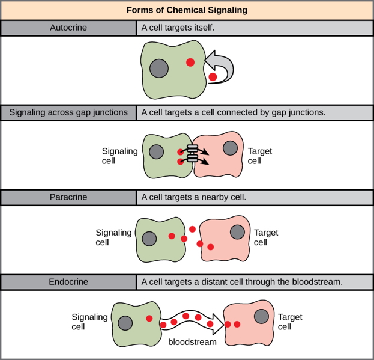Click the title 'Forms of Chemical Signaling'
coord(187,10)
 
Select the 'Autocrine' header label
coord(68,28)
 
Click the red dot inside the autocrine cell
coord(190,62)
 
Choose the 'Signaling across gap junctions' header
coord(68,112)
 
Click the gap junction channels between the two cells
coord(193,154)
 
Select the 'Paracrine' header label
coord(68,197)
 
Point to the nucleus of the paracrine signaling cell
coord(149,239)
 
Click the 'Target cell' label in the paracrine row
coord(265,237)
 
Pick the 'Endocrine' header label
coord(68,281)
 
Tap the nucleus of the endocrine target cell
coord(261,316)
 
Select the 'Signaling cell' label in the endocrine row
coord(89,322)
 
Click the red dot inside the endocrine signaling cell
coord(149,318)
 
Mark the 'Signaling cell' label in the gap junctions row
coord(120,156)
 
